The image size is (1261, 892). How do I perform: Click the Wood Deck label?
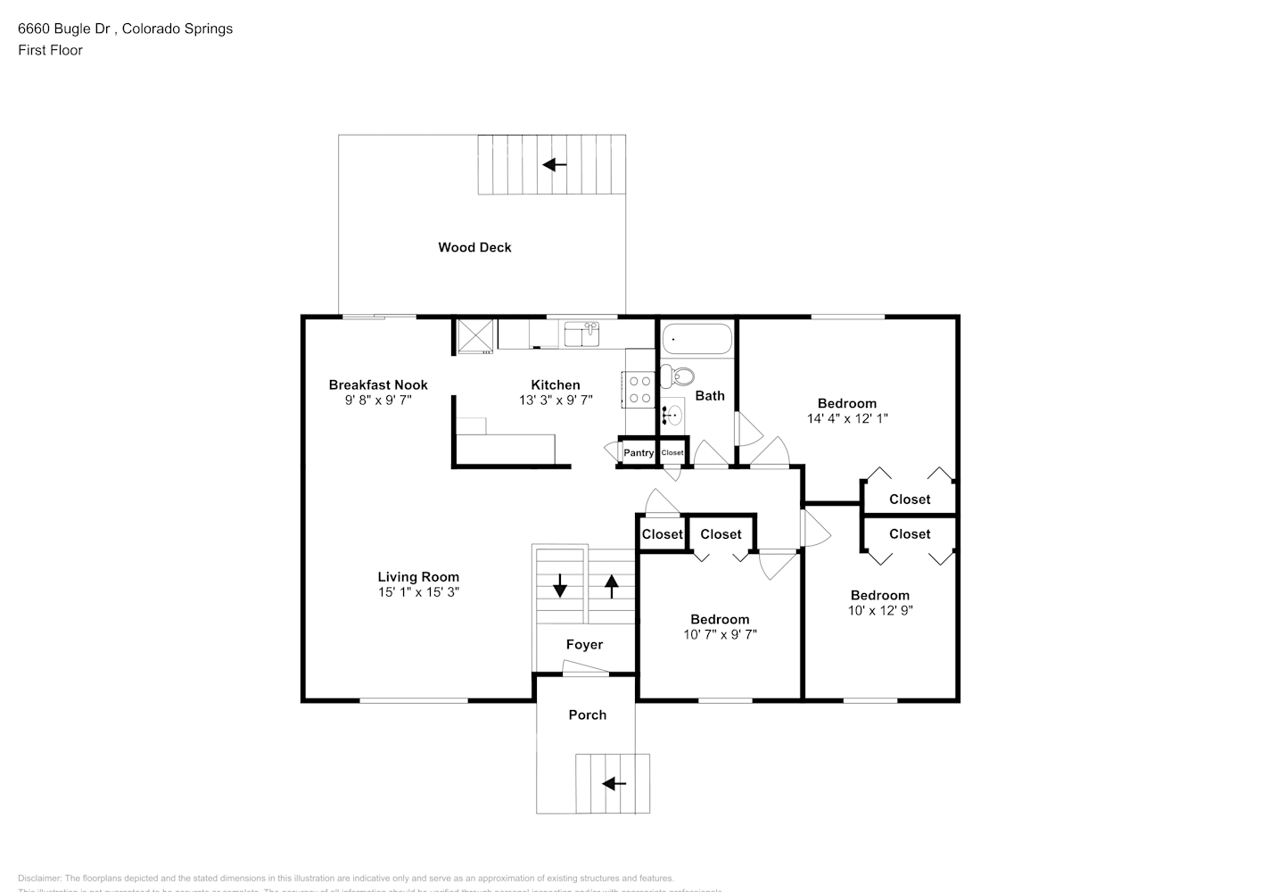click(x=474, y=247)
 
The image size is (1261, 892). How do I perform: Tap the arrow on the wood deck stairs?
click(x=555, y=164)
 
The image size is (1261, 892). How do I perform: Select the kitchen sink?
click(x=581, y=335)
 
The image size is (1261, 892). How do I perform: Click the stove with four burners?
click(x=639, y=389)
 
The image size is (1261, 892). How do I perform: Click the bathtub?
click(x=696, y=339)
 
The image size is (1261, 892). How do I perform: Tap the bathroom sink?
click(x=672, y=414)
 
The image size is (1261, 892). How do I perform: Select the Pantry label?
click(x=639, y=453)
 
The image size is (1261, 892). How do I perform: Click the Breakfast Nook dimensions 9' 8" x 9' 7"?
click(x=378, y=401)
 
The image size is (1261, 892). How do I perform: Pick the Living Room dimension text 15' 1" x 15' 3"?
click(x=418, y=592)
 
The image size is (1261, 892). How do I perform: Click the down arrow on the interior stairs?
click(x=560, y=586)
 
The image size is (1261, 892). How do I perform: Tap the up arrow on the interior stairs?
click(x=612, y=586)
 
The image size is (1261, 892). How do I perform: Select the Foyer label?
click(x=584, y=644)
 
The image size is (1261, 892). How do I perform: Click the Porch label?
click(x=587, y=714)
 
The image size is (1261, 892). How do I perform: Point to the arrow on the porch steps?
click(x=614, y=784)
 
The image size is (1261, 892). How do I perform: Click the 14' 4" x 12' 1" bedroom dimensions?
click(x=847, y=418)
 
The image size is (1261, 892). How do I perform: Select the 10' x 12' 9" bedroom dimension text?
click(x=880, y=611)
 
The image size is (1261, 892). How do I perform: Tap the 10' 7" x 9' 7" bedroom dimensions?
click(x=720, y=634)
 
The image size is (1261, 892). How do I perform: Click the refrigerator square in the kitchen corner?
click(x=475, y=335)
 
